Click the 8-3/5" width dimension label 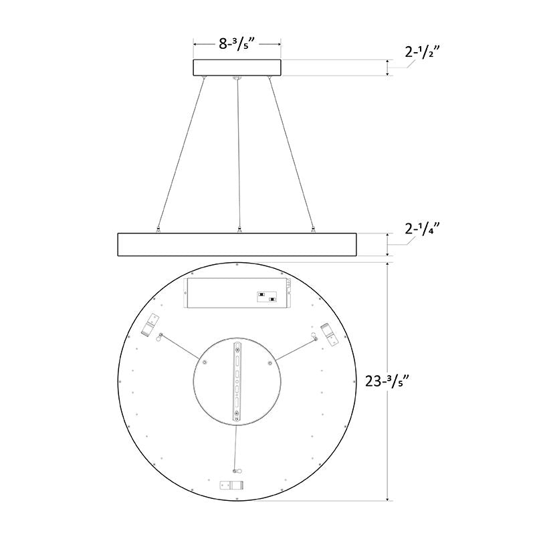coord(237,45)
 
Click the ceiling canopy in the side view coord(237,68)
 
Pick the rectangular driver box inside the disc coord(237,294)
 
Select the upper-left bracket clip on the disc coord(150,326)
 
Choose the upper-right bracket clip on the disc coord(328,332)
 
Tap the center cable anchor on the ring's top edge coord(237,230)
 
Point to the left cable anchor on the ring coord(158,229)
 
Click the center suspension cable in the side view coord(238,154)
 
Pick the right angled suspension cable coord(290,154)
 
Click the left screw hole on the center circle coord(204,363)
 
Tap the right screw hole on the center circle coord(270,363)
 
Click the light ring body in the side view coord(237,244)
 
